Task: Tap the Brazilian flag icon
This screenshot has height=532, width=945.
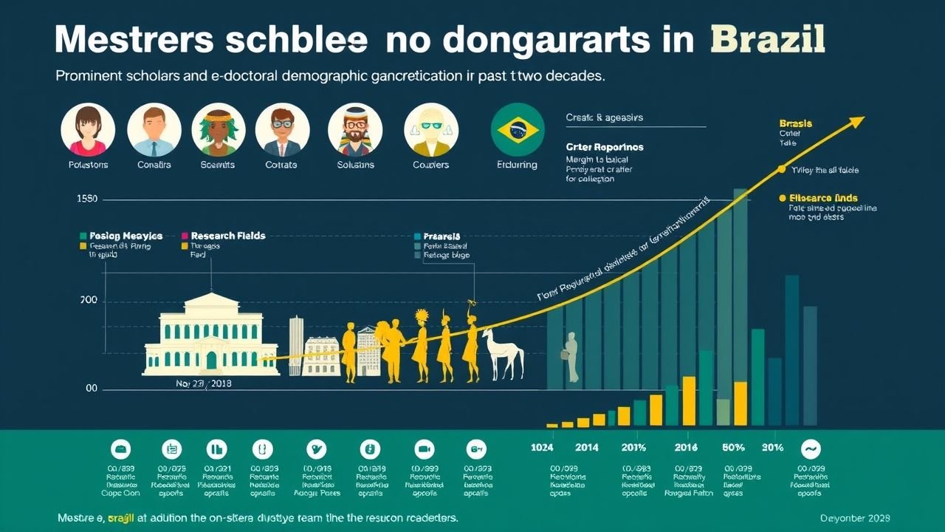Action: click(518, 130)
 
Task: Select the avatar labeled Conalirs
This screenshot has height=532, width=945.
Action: click(154, 130)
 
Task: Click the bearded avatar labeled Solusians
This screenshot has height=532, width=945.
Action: click(355, 130)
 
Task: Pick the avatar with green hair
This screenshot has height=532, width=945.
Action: click(219, 130)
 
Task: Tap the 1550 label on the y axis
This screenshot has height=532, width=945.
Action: click(87, 199)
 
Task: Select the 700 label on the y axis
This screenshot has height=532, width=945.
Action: click(89, 301)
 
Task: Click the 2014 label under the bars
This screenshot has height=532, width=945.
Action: click(587, 447)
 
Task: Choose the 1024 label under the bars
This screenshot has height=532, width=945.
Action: click(542, 447)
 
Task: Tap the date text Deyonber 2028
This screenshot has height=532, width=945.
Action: click(854, 517)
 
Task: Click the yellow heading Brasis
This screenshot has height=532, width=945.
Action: click(795, 123)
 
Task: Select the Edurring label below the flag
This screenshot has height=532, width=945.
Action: click(518, 165)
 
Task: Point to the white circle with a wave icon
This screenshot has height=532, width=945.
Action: click(811, 449)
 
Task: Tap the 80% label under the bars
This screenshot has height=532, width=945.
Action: click(733, 447)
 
